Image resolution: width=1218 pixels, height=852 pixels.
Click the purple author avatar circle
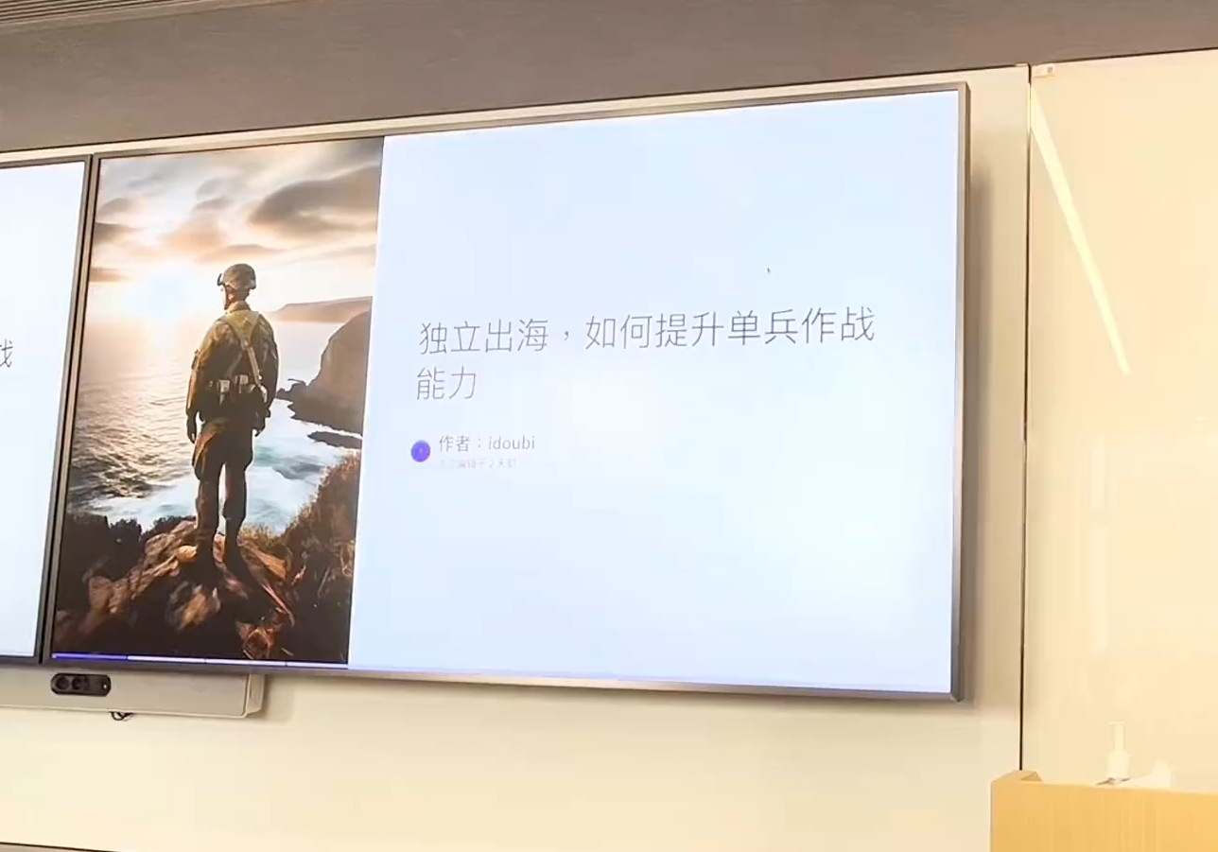pos(421,451)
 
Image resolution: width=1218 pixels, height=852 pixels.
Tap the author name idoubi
pos(512,443)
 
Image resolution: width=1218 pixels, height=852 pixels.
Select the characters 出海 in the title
pos(515,336)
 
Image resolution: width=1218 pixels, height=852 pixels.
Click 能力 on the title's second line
pos(445,384)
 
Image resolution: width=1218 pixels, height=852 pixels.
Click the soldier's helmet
pos(237,276)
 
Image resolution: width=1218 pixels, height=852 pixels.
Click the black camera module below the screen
pos(80,684)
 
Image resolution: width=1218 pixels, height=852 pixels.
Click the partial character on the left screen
pos(5,355)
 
